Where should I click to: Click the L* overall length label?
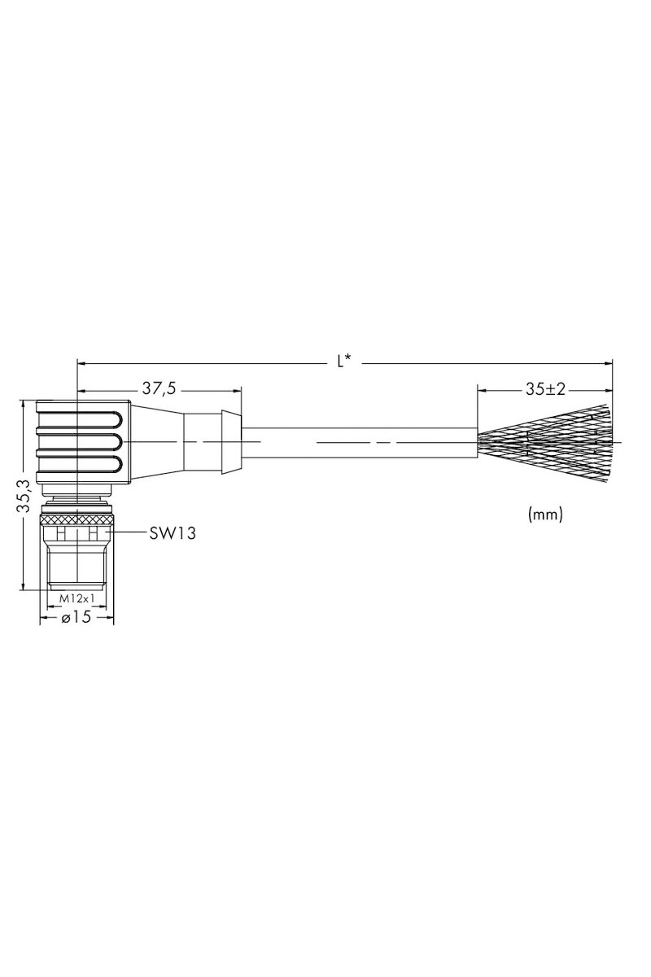(344, 361)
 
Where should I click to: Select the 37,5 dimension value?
(159, 388)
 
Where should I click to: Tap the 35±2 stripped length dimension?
(545, 389)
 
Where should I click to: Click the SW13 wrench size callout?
(173, 532)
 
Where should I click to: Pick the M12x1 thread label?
(76, 598)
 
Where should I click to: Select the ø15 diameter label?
(76, 617)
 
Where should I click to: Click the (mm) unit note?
(545, 515)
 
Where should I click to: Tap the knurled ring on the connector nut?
(76, 519)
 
